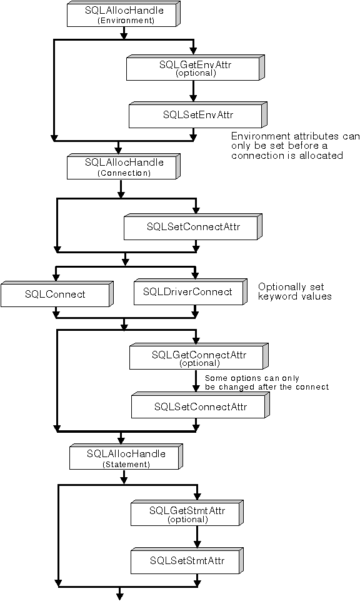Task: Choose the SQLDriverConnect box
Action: [x=187, y=292]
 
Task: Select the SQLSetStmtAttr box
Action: [x=196, y=560]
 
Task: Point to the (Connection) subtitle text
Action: [x=124, y=173]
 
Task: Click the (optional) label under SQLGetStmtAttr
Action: [x=196, y=519]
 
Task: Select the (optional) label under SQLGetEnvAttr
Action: [x=196, y=73]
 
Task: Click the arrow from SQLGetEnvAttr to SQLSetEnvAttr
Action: [x=194, y=91]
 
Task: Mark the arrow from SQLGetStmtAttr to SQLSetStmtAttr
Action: [x=197, y=537]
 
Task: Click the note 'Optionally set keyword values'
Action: [x=294, y=291]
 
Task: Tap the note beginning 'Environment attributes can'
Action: [x=296, y=145]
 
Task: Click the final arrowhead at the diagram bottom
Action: [x=120, y=595]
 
